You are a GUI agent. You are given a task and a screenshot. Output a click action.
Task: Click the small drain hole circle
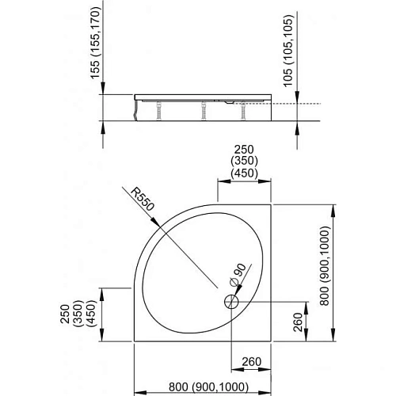click(231, 301)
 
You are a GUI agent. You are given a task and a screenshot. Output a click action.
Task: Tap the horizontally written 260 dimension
click(251, 364)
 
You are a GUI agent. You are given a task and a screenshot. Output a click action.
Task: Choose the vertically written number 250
click(76, 306)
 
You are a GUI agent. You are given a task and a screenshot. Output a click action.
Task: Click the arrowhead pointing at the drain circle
click(238, 295)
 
